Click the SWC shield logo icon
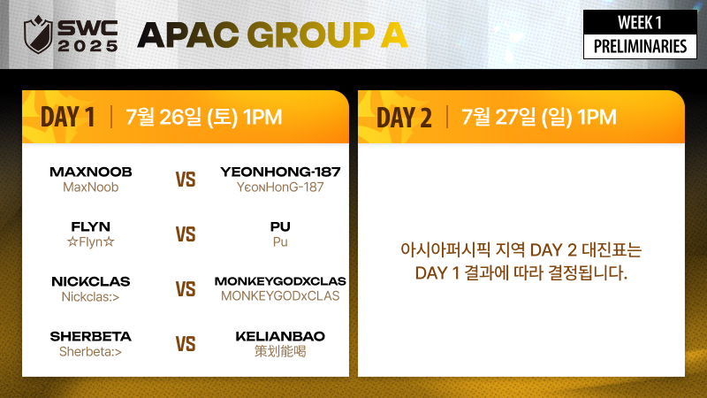38,34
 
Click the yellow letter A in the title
394,34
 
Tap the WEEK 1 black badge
640,22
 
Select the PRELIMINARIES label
640,47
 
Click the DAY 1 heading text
68,118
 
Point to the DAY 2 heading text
404,118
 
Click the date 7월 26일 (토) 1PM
204,117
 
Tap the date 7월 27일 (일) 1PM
539,117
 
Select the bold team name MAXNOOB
91,172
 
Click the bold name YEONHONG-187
280,172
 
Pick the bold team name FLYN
91,226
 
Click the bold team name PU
280,226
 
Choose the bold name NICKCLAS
91,281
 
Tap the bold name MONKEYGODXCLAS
280,281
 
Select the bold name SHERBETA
91,336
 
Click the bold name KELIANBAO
280,336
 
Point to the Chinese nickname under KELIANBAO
280,351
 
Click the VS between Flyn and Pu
186,234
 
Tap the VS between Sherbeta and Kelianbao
186,344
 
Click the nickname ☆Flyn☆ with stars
91,241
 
